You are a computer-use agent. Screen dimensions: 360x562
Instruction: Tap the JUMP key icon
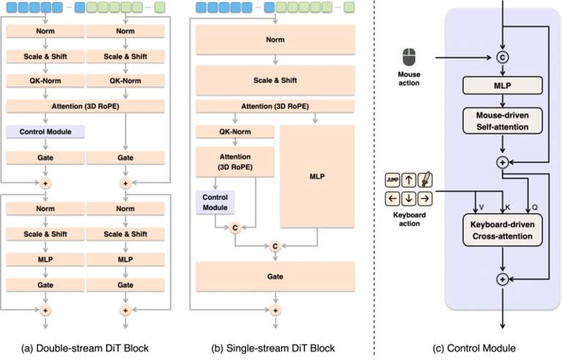tap(392, 179)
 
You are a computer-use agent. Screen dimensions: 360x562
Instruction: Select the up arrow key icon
tap(409, 179)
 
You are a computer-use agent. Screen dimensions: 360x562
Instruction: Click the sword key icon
tap(425, 179)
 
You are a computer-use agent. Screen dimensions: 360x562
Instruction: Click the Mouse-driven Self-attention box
tap(502, 121)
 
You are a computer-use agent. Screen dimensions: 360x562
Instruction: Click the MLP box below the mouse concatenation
tap(502, 85)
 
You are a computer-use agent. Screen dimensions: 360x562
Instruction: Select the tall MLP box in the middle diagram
tap(317, 176)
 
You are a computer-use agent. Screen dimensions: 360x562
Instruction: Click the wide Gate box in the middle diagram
tap(274, 277)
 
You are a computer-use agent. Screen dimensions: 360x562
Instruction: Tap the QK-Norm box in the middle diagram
tap(235, 132)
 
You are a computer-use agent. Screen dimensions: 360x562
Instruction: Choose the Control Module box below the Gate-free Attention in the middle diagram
tap(215, 202)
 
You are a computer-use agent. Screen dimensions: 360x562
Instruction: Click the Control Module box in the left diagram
tap(45, 132)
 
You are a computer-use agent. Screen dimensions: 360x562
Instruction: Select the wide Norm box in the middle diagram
tap(274, 40)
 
